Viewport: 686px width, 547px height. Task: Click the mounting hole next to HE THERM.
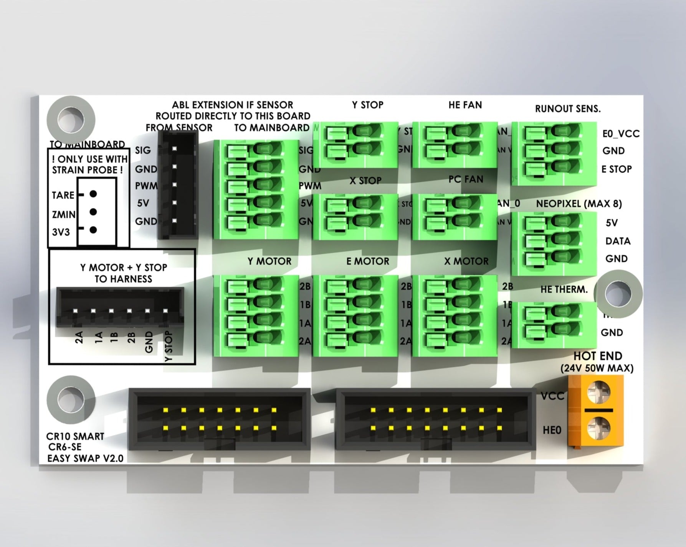click(618, 293)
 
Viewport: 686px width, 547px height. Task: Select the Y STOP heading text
click(367, 105)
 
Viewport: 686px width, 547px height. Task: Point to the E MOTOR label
click(367, 261)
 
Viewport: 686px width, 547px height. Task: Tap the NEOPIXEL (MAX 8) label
click(579, 204)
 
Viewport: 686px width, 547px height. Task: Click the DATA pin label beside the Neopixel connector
click(617, 241)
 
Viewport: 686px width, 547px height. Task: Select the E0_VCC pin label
click(621, 133)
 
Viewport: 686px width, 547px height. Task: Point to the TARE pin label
click(63, 195)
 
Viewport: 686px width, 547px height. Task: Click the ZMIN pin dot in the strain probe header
click(93, 212)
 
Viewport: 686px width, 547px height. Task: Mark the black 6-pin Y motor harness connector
click(120, 307)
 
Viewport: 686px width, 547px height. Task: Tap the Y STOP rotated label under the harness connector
click(169, 346)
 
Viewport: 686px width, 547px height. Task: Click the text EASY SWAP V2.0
click(85, 458)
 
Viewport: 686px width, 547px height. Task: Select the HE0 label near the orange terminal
click(552, 430)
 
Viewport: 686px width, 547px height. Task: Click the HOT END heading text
click(597, 356)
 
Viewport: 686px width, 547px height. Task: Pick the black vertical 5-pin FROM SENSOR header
click(178, 185)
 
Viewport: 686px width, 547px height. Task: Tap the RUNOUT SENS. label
click(567, 109)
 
